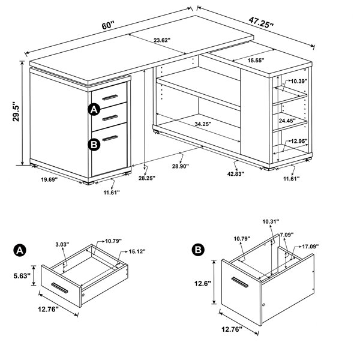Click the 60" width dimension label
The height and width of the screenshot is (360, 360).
(107, 25)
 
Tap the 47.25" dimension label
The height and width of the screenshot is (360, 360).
(261, 23)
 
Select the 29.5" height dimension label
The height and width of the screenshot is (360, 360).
(16, 112)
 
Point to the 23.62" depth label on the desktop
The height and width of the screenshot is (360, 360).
(162, 40)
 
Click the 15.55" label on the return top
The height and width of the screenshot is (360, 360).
(256, 61)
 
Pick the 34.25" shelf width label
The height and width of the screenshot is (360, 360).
(203, 124)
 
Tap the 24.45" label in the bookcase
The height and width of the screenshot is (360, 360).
(287, 121)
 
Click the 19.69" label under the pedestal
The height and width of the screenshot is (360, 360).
(49, 179)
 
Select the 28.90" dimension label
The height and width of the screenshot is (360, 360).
(181, 166)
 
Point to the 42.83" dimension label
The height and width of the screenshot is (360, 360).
(236, 174)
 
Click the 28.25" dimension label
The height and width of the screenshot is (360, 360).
(147, 178)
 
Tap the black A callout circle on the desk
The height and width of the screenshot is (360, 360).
(94, 110)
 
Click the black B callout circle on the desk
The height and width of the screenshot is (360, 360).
(94, 145)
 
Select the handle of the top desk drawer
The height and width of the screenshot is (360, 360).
(110, 97)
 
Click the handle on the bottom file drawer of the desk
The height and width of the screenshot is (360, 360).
(110, 139)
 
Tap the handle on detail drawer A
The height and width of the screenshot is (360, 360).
(59, 288)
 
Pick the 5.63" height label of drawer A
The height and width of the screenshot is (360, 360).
(22, 275)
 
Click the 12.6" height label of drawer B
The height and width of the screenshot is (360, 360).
(203, 284)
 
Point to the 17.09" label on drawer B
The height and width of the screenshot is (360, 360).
(310, 247)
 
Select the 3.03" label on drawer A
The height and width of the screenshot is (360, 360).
(62, 245)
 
